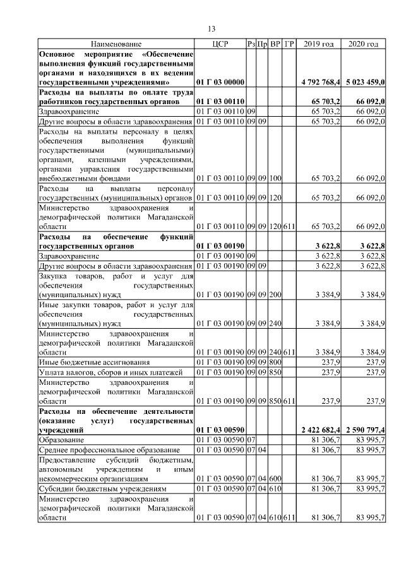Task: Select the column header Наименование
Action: pos(116,44)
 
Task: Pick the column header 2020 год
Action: pos(363,44)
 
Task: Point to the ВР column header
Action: pos(275,44)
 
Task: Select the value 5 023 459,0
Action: pos(364,82)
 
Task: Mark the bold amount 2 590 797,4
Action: pos(364,430)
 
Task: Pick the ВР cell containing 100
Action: pos(275,179)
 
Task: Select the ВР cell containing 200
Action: pos(275,294)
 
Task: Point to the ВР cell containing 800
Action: pos(275,362)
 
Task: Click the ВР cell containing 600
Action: pos(275,478)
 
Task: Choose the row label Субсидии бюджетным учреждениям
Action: pos(102,488)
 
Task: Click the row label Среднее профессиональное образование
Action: pos(109,449)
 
